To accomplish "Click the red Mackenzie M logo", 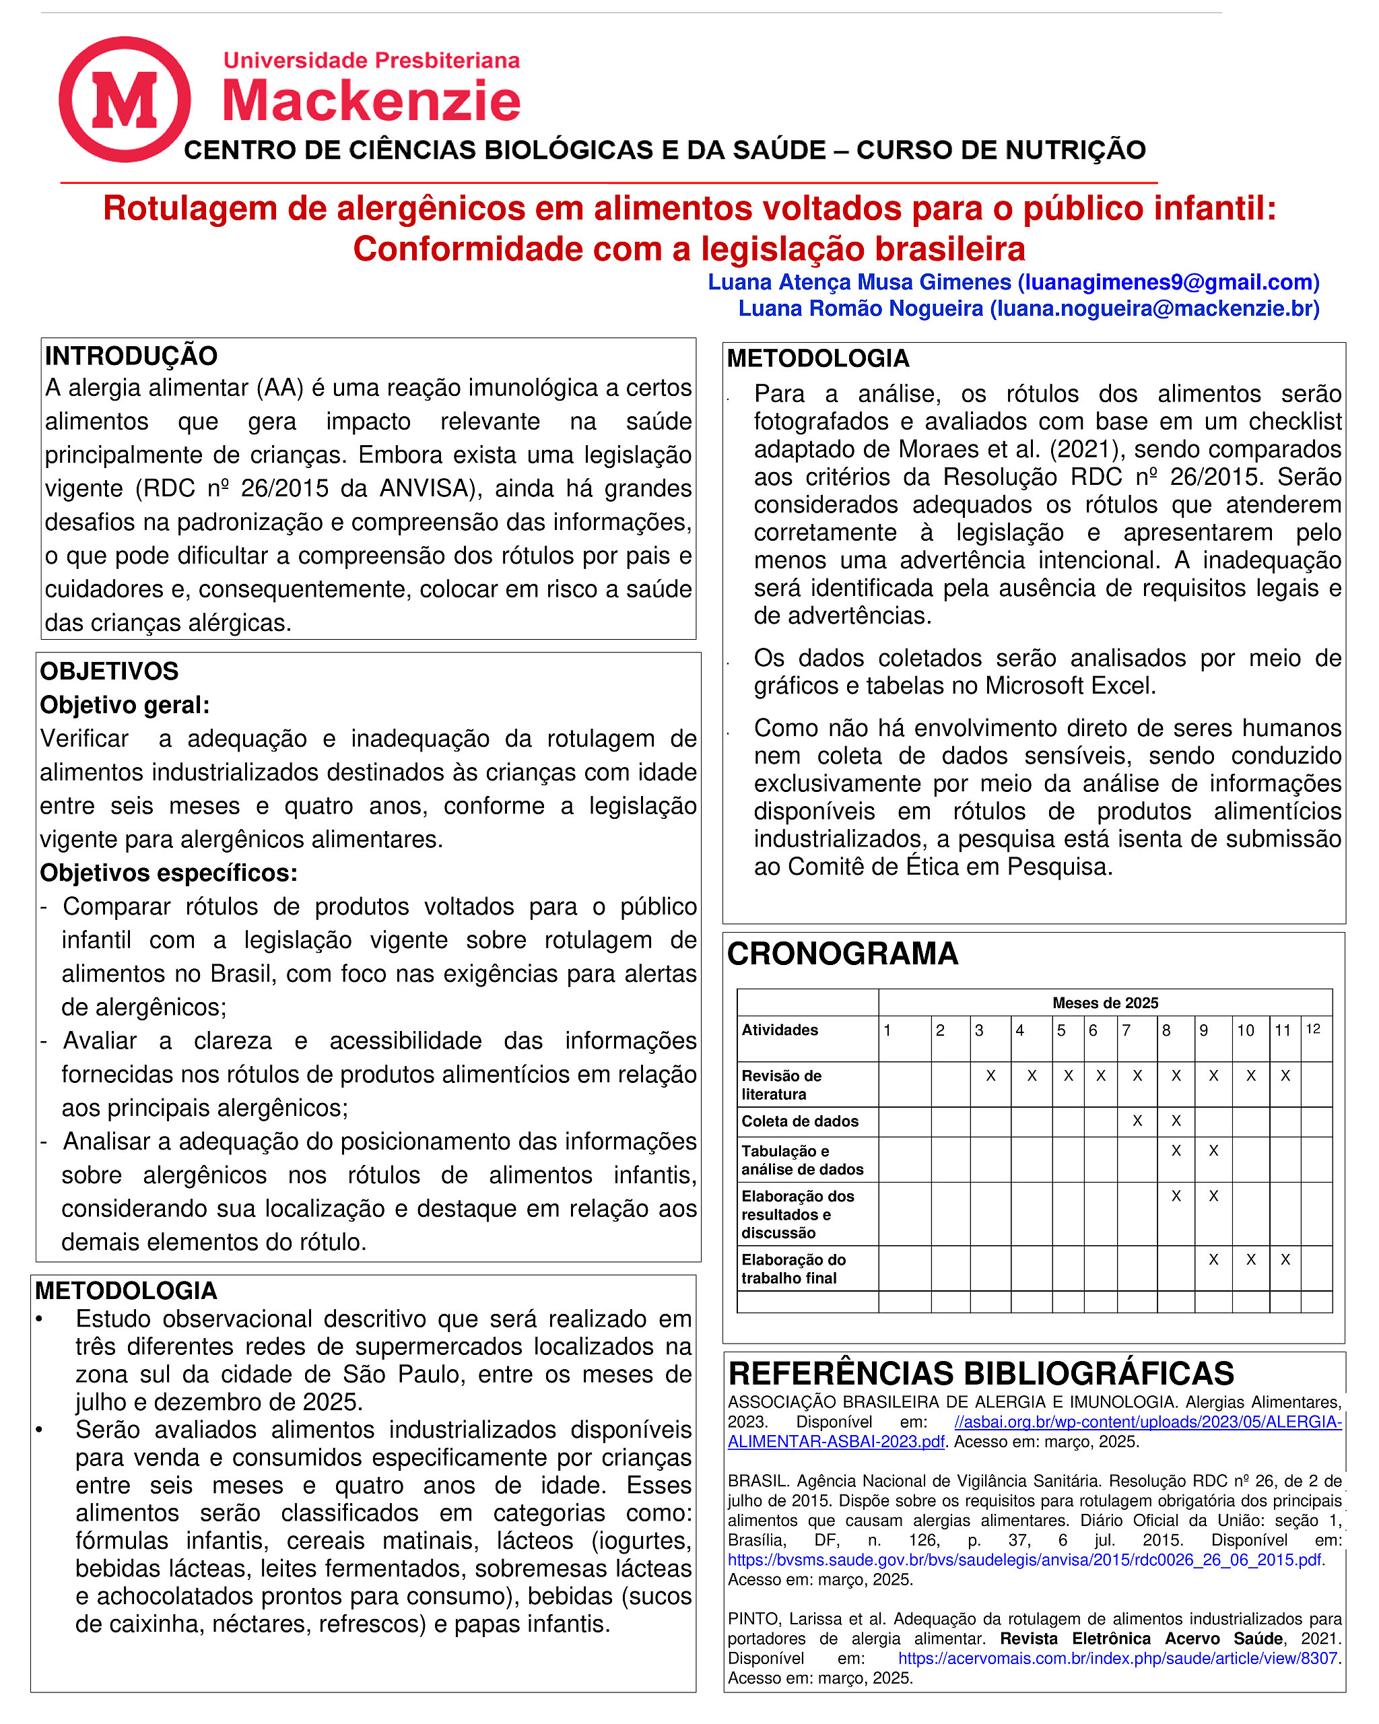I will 125,99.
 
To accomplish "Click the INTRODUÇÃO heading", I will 131,356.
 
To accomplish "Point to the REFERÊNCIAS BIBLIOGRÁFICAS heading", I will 981,1373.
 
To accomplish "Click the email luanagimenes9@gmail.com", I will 1168,282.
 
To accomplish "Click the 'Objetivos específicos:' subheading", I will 169,872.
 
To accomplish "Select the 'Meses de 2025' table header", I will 1105,1003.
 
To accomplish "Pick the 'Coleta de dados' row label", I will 799,1121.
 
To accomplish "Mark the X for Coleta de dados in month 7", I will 1137,1121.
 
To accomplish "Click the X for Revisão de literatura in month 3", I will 990,1076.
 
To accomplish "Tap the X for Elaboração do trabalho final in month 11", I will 1285,1259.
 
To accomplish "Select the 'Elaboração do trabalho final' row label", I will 793,1268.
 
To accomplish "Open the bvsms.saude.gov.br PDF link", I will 1024,1560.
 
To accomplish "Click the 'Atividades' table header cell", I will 780,1030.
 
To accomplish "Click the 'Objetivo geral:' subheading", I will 125,705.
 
